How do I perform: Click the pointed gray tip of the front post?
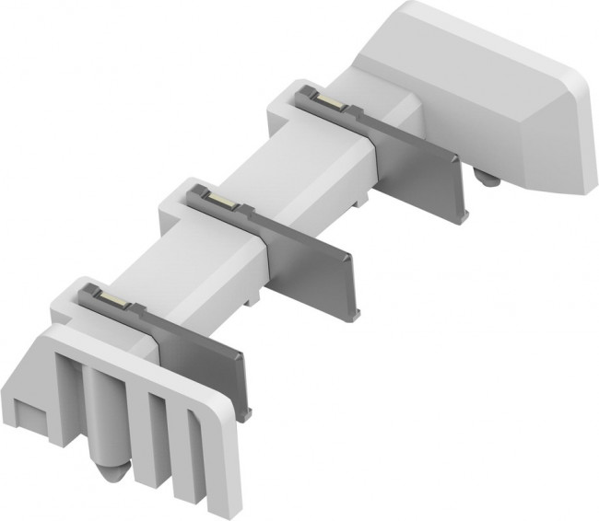coord(110,470)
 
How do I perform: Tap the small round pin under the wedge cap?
coord(487,177)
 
